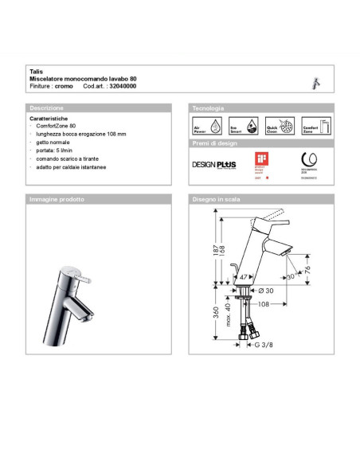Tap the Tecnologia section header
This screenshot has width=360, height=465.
pos(208,107)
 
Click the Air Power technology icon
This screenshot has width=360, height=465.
pos(205,127)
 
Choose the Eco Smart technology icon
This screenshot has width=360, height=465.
pos(240,127)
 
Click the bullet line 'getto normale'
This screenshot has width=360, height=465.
pos(53,143)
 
